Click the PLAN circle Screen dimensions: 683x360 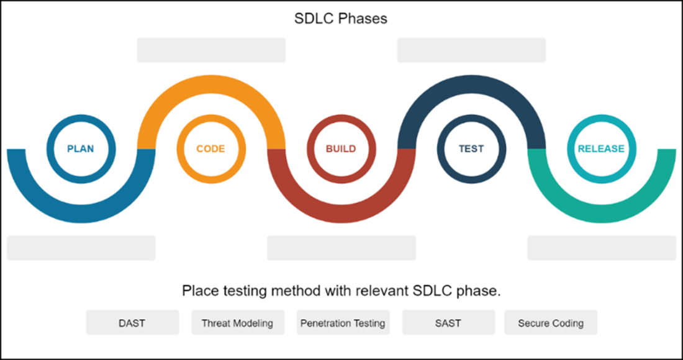click(81, 117)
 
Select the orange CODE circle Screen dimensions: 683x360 click(211, 117)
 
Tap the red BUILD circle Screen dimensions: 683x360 click(341, 117)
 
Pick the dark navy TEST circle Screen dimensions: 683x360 click(471, 117)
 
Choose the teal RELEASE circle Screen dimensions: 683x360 click(601, 117)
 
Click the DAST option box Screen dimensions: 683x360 click(132, 322)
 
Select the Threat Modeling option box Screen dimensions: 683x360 click(238, 322)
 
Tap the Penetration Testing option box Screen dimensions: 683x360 click(343, 322)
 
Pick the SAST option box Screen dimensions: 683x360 click(449, 322)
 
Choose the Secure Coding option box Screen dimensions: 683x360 click(551, 322)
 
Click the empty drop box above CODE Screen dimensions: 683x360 click(211, 50)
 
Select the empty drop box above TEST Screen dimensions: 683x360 click(471, 50)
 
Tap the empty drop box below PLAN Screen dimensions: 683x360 click(81, 248)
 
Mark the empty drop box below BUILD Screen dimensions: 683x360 click(341, 248)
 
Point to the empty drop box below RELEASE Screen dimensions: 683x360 click(602, 248)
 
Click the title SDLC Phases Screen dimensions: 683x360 click(341, 19)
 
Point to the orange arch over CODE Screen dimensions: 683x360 click(211, 84)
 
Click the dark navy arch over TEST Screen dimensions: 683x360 click(471, 84)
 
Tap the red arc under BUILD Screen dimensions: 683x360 click(341, 214)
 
